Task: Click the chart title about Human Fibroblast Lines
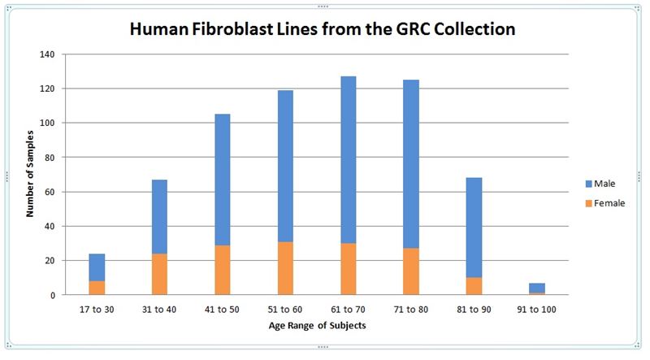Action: [323, 29]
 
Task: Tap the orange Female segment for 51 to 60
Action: [285, 268]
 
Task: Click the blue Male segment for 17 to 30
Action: [97, 267]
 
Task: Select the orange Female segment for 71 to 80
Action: [411, 271]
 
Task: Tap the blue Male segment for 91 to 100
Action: [537, 288]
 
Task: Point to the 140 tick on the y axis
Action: [47, 54]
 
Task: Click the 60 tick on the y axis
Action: [50, 192]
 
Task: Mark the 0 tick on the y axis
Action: [52, 295]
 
